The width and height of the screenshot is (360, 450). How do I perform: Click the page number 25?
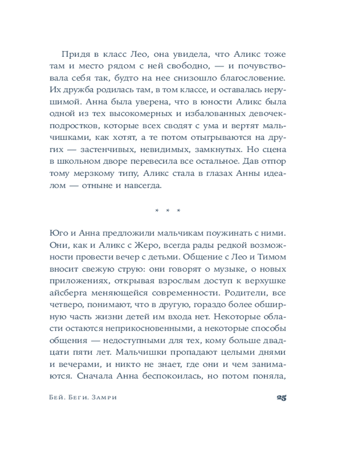[x=281, y=398]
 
